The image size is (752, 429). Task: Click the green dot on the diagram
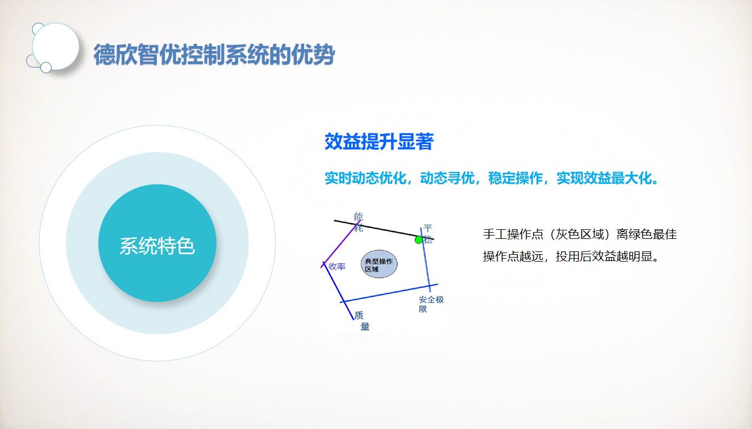(418, 239)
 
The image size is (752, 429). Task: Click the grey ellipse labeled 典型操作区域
(379, 264)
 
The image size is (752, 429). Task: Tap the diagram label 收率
(337, 267)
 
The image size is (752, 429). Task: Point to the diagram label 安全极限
(431, 304)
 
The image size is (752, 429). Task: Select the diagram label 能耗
(359, 222)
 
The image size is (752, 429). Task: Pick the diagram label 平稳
(427, 234)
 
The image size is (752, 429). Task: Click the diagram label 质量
(362, 321)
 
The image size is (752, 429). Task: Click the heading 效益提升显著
(379, 141)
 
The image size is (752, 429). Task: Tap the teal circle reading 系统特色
(157, 243)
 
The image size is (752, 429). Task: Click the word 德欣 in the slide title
(115, 54)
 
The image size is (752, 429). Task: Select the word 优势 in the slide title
(313, 54)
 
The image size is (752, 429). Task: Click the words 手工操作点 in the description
(513, 234)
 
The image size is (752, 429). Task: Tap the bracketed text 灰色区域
(579, 234)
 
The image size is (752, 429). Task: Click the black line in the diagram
(384, 230)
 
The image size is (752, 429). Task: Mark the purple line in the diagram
(340, 244)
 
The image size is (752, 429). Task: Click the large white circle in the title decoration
(56, 47)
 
